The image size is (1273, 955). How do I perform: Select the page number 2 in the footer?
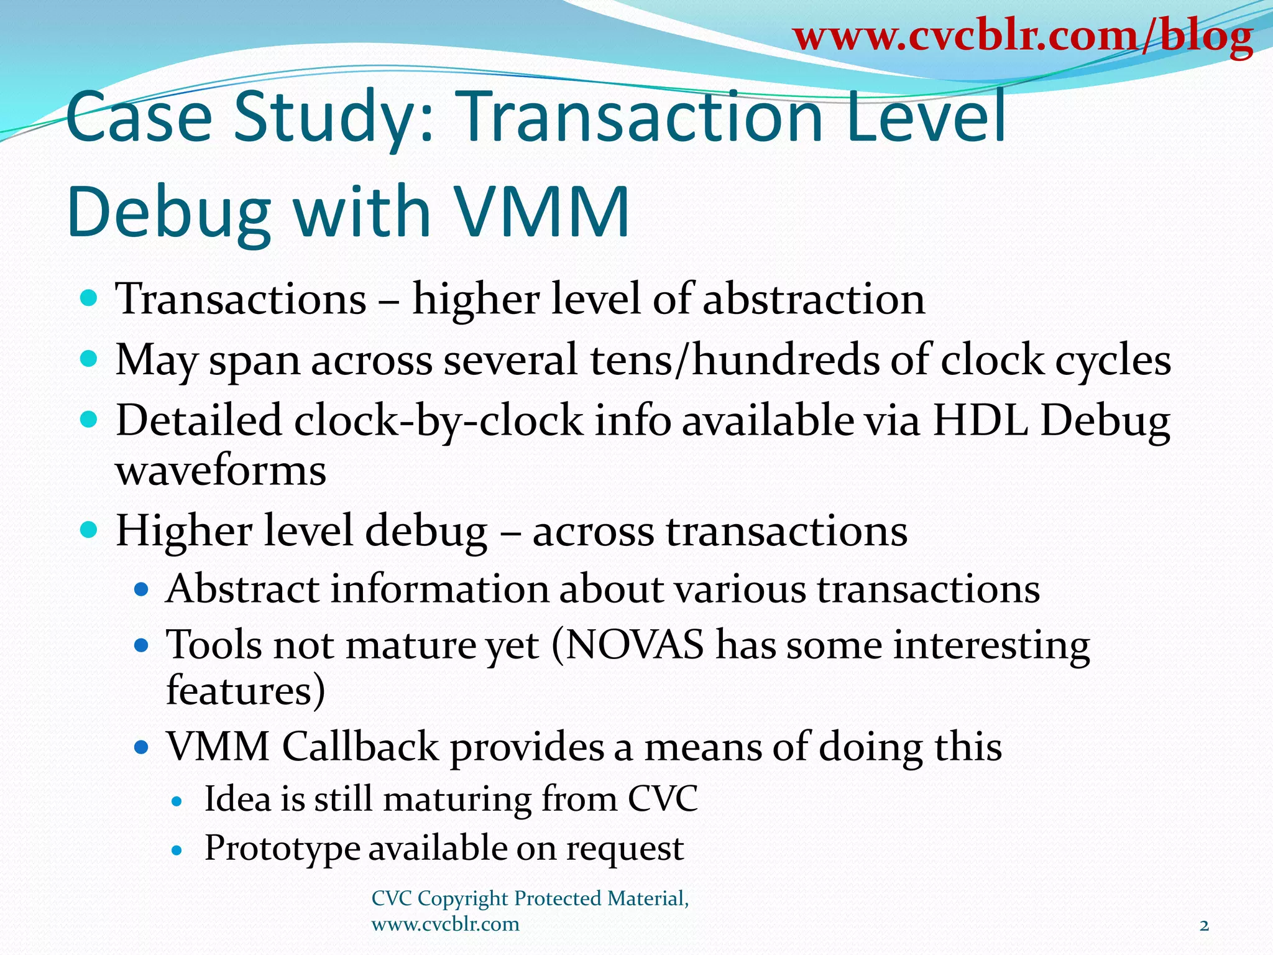[x=1204, y=926]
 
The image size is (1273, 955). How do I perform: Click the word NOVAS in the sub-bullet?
[x=634, y=645]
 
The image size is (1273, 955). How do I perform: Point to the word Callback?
[x=361, y=746]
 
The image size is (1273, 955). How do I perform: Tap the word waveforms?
[x=221, y=471]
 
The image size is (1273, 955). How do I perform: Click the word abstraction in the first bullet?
[x=814, y=300]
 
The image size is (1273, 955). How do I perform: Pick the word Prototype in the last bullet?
[x=282, y=848]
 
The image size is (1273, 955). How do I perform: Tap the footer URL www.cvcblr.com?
[x=445, y=925]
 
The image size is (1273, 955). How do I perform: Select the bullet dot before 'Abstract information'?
[x=142, y=589]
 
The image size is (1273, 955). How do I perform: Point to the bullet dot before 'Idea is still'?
[x=177, y=801]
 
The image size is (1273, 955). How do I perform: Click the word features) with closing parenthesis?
[x=246, y=690]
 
